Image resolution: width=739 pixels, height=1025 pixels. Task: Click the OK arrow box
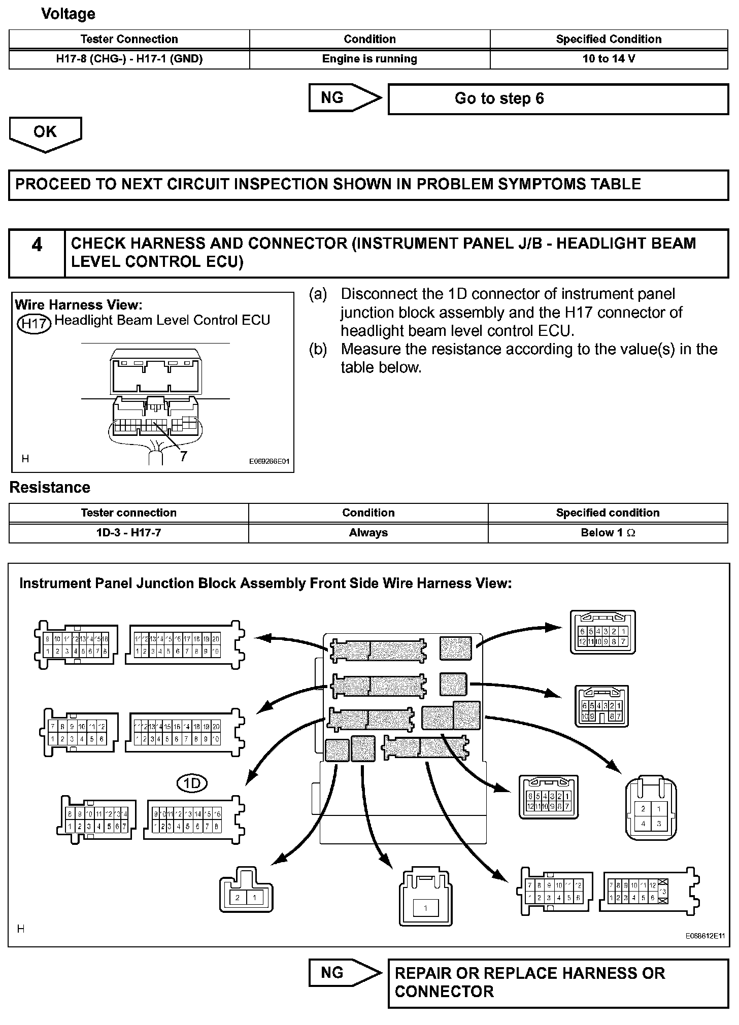[45, 132]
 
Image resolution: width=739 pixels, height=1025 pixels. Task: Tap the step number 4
[37, 246]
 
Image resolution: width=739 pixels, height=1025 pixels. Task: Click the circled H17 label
[34, 323]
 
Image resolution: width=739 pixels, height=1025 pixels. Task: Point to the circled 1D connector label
[192, 784]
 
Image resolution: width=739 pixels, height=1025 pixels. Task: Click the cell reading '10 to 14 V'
[609, 59]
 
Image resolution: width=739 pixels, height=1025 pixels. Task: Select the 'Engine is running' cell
[369, 59]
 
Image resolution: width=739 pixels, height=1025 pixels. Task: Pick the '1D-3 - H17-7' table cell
[128, 533]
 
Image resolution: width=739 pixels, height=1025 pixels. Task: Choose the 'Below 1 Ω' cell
[608, 533]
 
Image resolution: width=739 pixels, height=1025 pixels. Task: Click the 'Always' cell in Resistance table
[368, 533]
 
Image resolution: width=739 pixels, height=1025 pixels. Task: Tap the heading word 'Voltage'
[68, 14]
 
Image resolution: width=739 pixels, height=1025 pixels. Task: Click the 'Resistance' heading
[50, 488]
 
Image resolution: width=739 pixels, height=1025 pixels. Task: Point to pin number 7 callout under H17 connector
[183, 456]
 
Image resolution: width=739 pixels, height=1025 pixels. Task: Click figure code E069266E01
[269, 462]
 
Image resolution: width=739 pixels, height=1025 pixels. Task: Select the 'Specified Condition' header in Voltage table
[609, 39]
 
